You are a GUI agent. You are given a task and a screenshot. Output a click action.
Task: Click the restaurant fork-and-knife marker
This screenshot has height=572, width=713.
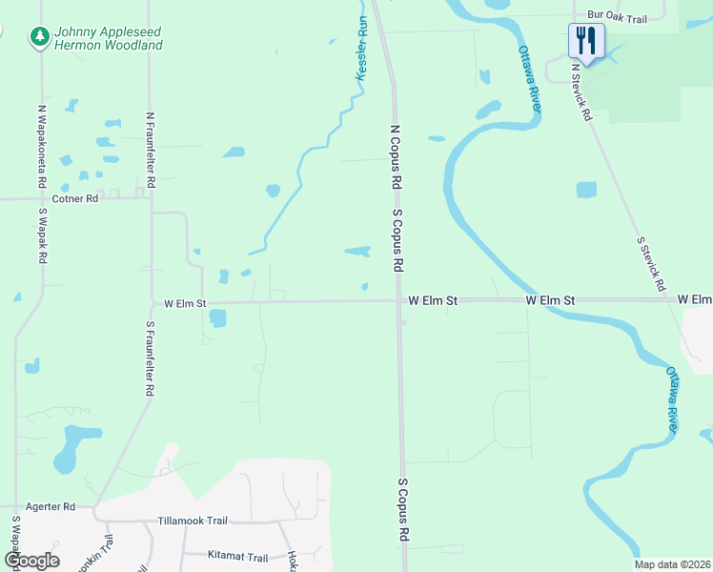coord(586,41)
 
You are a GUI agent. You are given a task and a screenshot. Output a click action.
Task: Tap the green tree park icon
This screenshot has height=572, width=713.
coord(39,36)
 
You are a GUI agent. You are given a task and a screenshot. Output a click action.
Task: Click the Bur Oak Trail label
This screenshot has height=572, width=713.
coord(617,14)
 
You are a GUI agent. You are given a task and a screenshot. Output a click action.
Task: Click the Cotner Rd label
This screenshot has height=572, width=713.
coord(76,199)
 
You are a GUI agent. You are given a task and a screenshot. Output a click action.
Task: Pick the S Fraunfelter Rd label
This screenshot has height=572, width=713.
coord(150,357)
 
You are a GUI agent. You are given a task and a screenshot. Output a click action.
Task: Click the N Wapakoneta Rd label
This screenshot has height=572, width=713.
coord(42,140)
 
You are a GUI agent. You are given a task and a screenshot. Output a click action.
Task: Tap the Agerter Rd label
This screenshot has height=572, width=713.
coord(51,507)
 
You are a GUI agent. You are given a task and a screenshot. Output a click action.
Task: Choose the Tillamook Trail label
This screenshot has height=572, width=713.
coord(193,521)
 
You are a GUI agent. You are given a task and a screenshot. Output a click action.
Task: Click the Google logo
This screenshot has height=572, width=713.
coord(31,560)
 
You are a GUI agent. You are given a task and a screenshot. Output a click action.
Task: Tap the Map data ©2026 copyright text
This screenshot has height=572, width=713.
coord(672,564)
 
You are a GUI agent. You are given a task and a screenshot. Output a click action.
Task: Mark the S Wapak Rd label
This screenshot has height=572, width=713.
coord(43,236)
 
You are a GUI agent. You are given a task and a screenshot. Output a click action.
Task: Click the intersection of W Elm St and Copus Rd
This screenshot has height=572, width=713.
coord(397,300)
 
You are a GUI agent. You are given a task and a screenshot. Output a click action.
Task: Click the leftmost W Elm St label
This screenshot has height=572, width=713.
coord(185,304)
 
